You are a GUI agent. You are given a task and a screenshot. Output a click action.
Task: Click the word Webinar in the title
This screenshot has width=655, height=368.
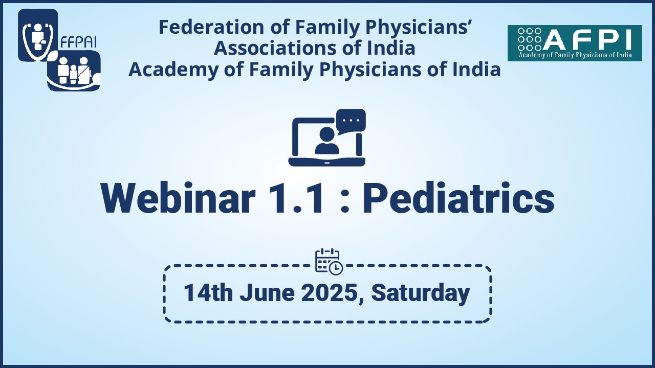(178, 198)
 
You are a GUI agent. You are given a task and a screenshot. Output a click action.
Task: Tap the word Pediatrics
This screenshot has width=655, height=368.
(458, 198)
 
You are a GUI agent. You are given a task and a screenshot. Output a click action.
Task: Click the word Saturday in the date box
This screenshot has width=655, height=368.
(421, 293)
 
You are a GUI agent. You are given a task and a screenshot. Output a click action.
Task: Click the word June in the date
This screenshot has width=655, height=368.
(267, 293)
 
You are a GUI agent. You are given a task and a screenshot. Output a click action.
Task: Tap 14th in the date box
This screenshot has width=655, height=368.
(208, 293)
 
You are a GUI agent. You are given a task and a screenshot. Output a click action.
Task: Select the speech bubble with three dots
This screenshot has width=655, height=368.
(351, 121)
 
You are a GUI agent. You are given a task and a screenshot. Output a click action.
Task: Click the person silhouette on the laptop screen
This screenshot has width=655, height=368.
(327, 141)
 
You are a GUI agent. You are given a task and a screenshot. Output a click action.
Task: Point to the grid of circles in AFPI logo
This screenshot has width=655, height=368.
(530, 39)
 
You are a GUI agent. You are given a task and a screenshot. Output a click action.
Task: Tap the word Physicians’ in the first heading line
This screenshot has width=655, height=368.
(417, 28)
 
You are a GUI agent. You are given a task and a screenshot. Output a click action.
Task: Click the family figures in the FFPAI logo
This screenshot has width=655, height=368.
(74, 70)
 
